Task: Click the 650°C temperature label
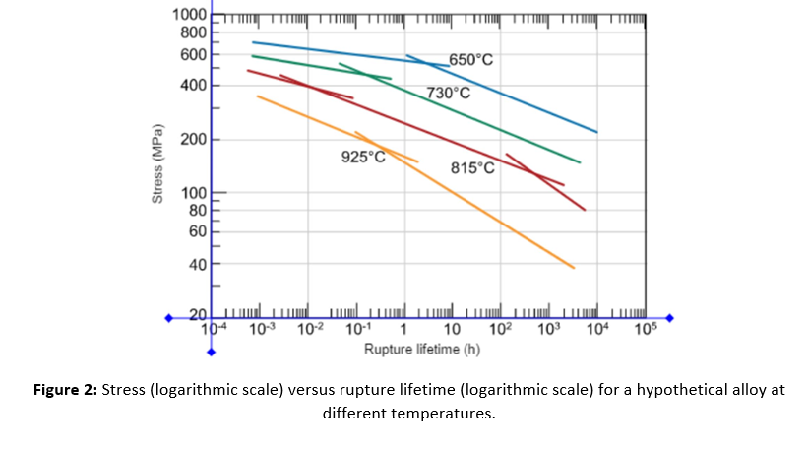point(470,60)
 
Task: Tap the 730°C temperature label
point(448,94)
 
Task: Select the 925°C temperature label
point(363,157)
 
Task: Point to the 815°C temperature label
point(472,167)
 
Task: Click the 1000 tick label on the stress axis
point(188,15)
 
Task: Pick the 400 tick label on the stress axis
point(193,85)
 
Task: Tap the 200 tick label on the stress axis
point(193,139)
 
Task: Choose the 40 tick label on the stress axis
point(197,264)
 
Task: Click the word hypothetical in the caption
point(669,389)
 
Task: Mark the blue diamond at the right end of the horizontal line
point(671,318)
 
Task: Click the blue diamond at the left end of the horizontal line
point(168,318)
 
